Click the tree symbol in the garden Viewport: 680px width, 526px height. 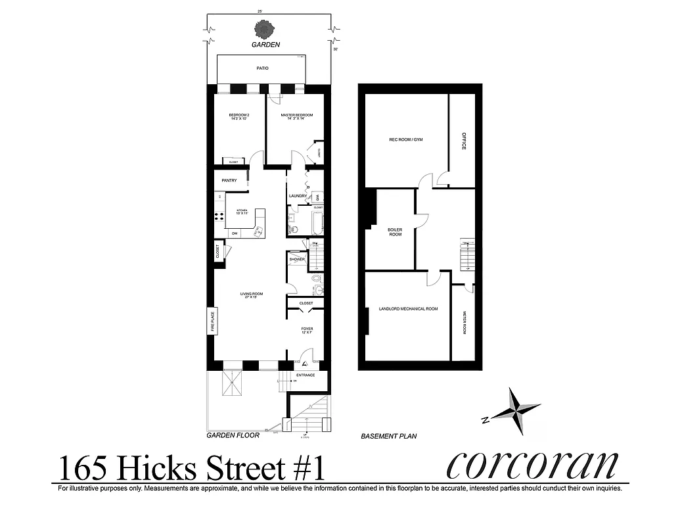click(265, 30)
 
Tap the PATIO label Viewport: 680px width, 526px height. click(262, 68)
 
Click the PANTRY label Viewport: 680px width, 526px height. click(229, 180)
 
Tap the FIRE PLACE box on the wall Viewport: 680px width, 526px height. click(212, 321)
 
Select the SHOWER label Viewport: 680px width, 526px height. click(298, 260)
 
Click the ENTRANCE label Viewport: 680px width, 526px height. click(306, 375)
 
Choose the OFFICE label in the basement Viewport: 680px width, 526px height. click(463, 141)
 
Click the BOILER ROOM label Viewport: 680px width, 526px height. click(395, 232)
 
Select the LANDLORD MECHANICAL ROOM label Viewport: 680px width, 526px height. click(408, 309)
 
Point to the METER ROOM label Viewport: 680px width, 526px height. click(464, 323)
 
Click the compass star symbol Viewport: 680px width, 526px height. click(516, 410)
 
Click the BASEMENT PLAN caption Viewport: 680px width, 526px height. click(389, 436)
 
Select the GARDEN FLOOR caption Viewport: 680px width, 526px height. click(233, 435)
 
